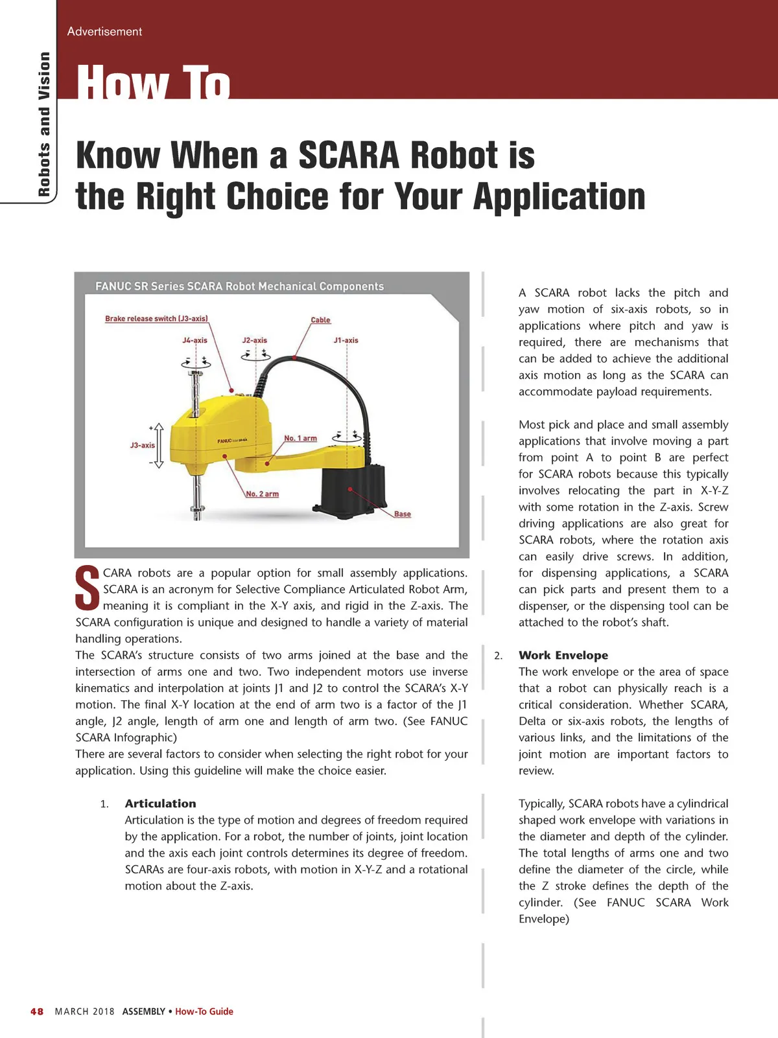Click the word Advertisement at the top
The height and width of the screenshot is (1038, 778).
coord(104,31)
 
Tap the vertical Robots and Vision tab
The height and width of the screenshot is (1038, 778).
coord(44,124)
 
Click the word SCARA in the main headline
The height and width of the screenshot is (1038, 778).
coord(348,156)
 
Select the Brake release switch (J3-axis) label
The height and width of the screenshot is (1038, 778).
coord(156,319)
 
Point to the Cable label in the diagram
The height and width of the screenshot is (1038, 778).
coord(320,320)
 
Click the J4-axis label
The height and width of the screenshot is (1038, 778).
coord(194,340)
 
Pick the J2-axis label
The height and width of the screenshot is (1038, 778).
coord(254,340)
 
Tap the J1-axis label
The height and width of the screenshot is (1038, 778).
coord(346,340)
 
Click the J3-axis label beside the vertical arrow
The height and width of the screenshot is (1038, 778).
coord(142,445)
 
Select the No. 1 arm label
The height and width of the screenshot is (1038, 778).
coord(300,439)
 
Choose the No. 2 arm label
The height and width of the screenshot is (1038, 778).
coord(262,494)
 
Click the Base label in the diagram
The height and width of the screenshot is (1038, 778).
coord(402,514)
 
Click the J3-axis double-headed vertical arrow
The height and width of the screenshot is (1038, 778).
coord(158,446)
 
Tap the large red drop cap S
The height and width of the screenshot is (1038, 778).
coord(88,588)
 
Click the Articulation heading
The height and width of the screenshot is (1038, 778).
coord(160,803)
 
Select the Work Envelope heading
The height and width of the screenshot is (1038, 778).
coord(563,655)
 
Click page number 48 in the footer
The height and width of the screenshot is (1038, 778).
coord(37,1011)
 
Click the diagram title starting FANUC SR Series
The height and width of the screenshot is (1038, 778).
coord(239,286)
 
